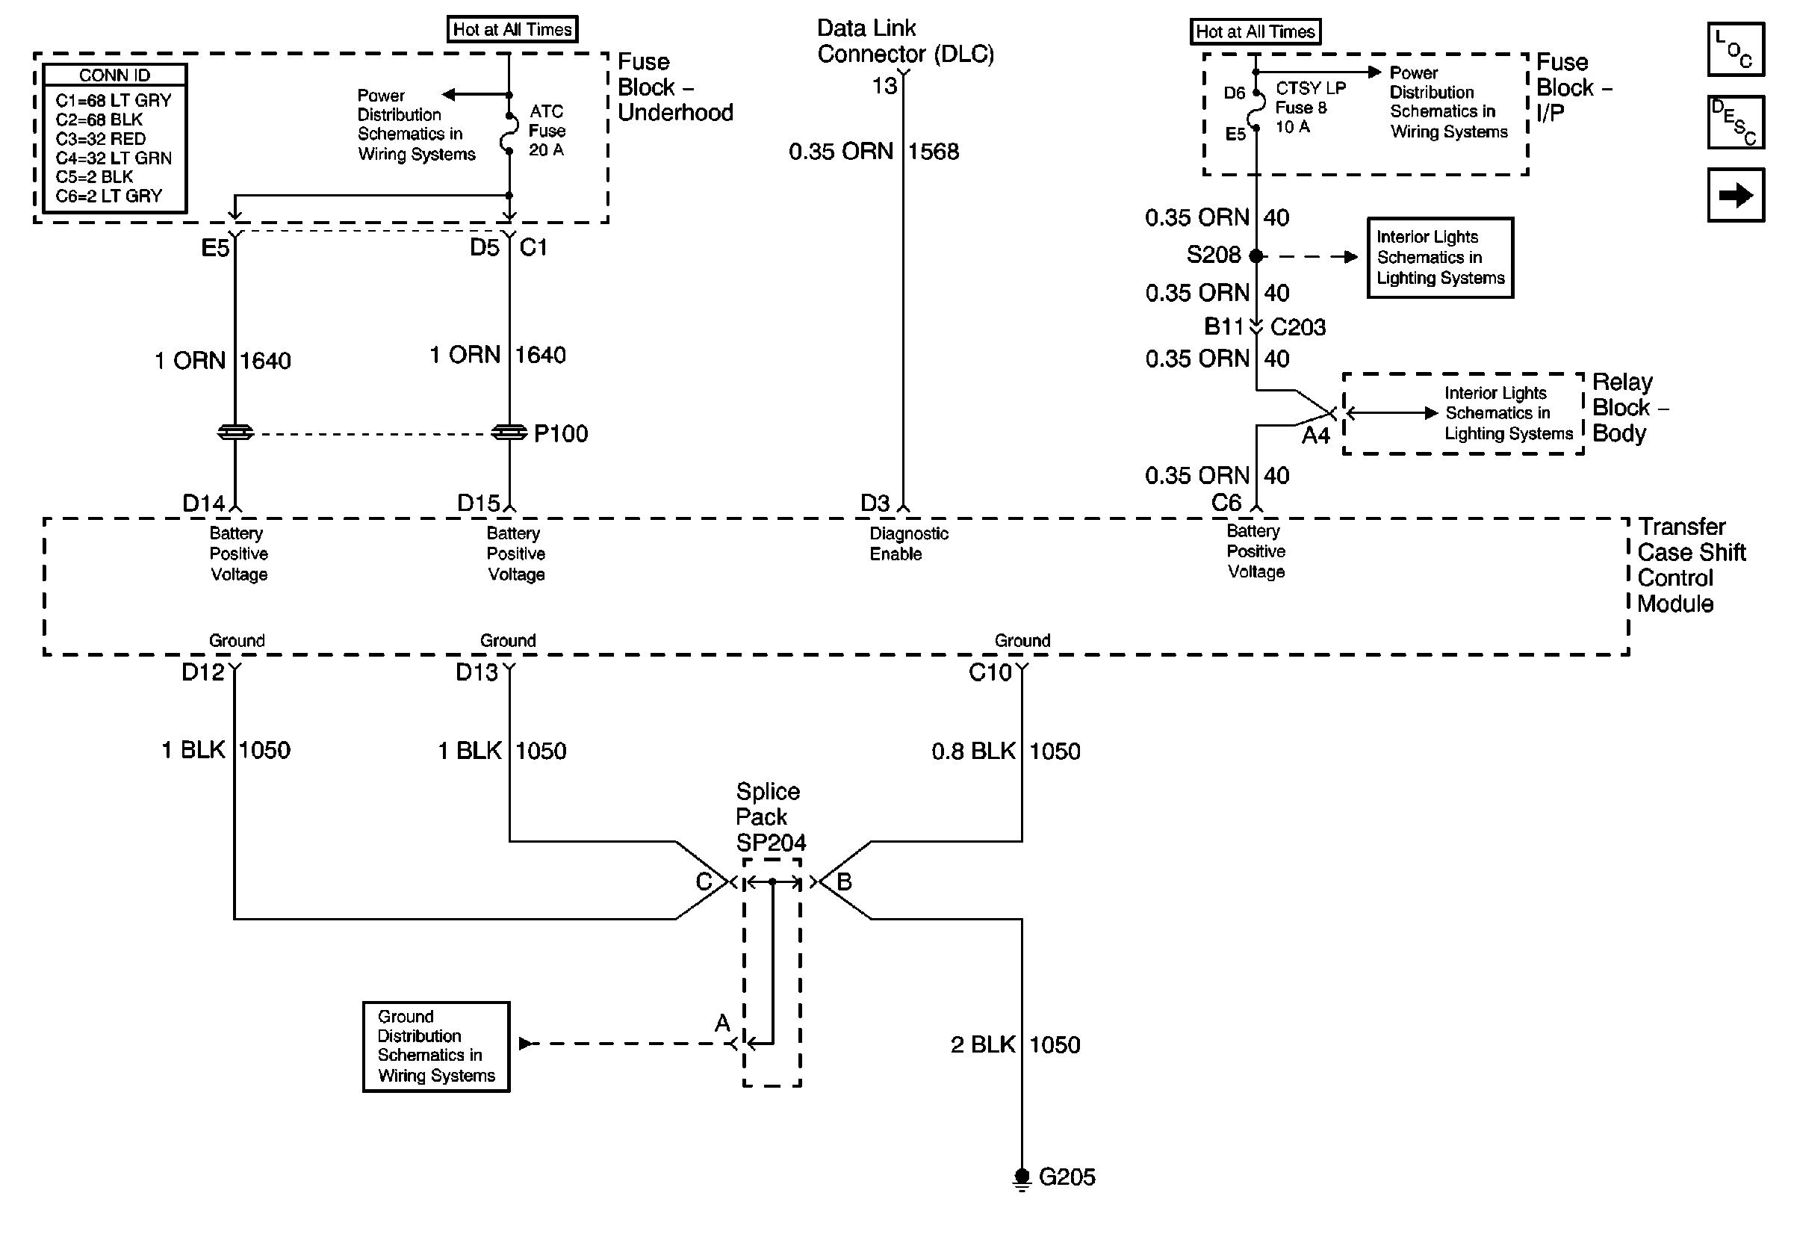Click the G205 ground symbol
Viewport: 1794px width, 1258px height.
(x=1021, y=1178)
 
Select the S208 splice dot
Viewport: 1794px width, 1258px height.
(x=1256, y=255)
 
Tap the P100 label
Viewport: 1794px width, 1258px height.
(x=560, y=434)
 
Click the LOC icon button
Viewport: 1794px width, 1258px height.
(x=1736, y=49)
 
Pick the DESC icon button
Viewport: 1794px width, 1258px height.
(x=1736, y=122)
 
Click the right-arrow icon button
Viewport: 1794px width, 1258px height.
(x=1736, y=194)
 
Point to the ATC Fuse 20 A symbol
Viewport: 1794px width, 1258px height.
(x=509, y=133)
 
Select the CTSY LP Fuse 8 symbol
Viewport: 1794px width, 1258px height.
(x=1256, y=110)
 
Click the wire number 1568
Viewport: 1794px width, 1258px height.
(x=934, y=152)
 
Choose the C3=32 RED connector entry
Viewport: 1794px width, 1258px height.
(x=101, y=139)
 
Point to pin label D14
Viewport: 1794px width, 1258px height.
(x=203, y=503)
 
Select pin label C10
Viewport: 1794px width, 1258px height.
(x=990, y=673)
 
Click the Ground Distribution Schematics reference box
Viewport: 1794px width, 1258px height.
(x=436, y=1047)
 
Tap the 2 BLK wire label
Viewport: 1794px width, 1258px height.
(x=982, y=1044)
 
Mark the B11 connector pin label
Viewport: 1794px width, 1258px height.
(x=1223, y=326)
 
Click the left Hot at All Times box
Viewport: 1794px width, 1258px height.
(x=512, y=30)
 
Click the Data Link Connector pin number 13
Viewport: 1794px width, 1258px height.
(x=884, y=86)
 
